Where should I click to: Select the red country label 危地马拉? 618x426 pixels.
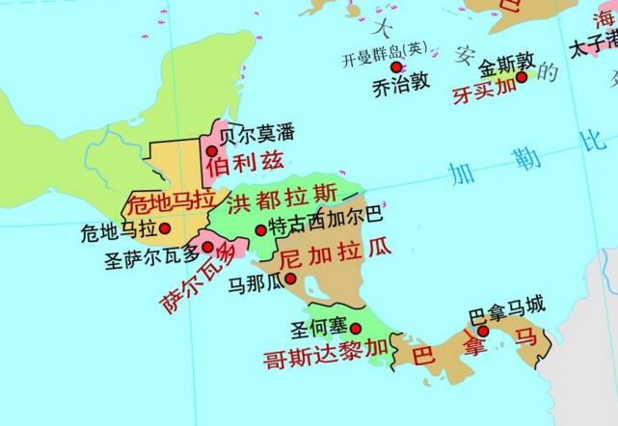[171, 202]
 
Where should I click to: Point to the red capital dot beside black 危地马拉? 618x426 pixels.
[164, 228]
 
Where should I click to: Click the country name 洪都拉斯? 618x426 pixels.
[282, 200]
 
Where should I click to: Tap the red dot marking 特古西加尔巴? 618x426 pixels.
[259, 229]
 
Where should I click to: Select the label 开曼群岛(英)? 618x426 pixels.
[383, 51]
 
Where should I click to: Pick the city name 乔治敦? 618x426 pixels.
[399, 84]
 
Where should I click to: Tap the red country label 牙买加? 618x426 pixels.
[485, 93]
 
